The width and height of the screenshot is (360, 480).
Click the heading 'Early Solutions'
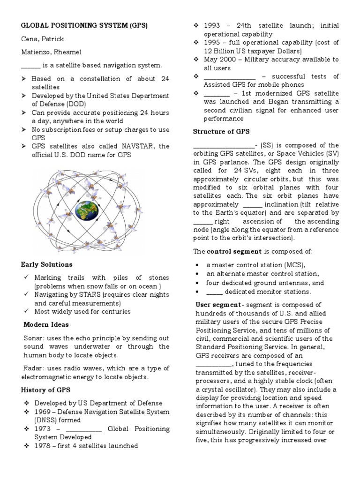click(x=47, y=264)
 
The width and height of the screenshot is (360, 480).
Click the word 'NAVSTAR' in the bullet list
click(x=135, y=146)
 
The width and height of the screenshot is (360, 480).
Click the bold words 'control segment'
click(x=234, y=251)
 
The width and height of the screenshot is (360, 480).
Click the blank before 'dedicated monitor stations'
click(x=214, y=292)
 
